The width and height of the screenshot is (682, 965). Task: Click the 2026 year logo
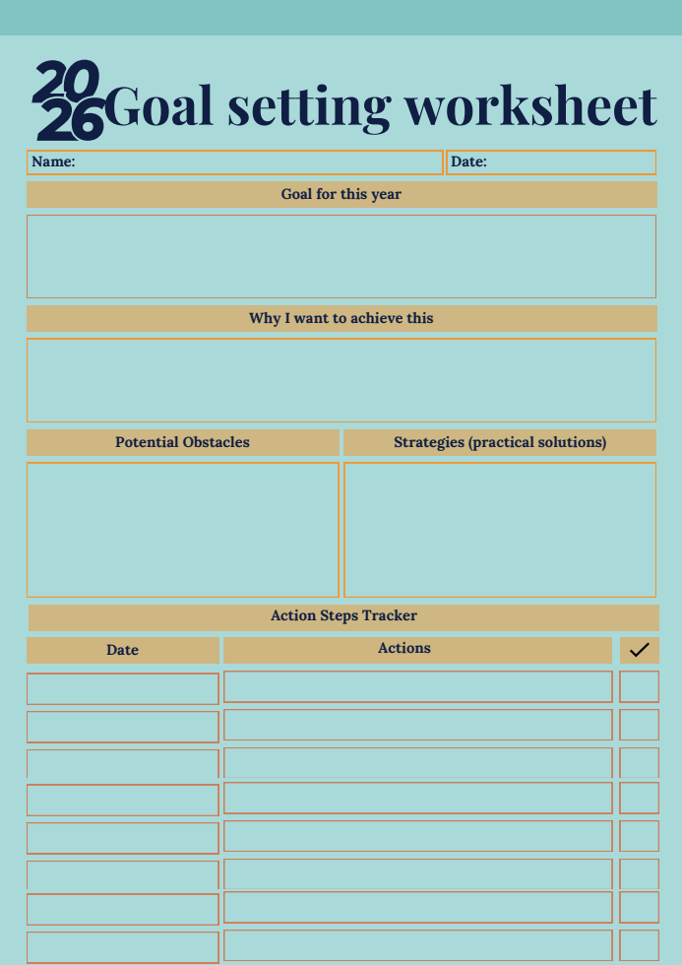(x=68, y=100)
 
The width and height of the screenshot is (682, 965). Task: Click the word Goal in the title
(x=158, y=106)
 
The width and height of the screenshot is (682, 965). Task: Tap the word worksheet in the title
(x=530, y=106)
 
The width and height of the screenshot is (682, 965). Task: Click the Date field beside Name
(x=551, y=162)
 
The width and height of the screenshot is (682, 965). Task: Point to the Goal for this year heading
(x=341, y=194)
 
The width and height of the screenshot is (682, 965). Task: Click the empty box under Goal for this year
(x=341, y=256)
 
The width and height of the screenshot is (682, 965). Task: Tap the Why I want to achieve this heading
(x=341, y=318)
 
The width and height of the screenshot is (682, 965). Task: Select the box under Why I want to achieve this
(x=341, y=380)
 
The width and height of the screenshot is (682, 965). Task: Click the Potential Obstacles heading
(x=182, y=442)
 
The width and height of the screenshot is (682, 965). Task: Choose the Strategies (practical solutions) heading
(x=500, y=442)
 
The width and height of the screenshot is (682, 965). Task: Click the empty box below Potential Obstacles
(x=182, y=530)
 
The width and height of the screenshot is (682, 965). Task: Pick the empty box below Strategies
(x=500, y=530)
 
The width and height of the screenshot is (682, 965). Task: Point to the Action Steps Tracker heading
(x=343, y=616)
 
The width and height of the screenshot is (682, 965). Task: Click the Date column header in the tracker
(x=122, y=650)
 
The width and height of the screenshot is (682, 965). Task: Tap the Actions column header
(x=404, y=649)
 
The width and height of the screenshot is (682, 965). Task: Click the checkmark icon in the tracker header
(x=639, y=650)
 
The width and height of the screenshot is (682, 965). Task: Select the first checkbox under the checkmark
(x=639, y=686)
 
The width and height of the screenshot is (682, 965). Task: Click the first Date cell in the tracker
(x=122, y=688)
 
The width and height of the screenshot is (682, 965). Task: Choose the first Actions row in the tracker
(x=417, y=686)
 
